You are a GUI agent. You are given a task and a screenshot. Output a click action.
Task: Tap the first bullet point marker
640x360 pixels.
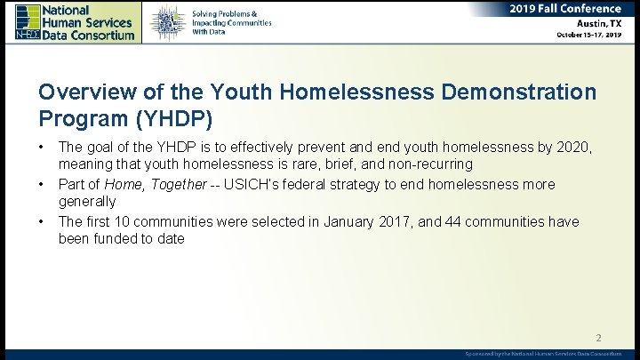(x=41, y=145)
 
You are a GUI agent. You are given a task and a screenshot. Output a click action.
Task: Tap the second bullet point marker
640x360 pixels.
(x=41, y=185)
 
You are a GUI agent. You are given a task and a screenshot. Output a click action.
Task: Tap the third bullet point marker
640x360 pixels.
(x=41, y=221)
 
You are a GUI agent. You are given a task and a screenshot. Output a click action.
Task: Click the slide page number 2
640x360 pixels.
(x=598, y=338)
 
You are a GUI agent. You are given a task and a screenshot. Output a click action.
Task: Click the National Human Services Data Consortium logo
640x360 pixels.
(x=76, y=21)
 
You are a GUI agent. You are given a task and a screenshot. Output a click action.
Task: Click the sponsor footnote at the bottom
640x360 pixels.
(x=543, y=354)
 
